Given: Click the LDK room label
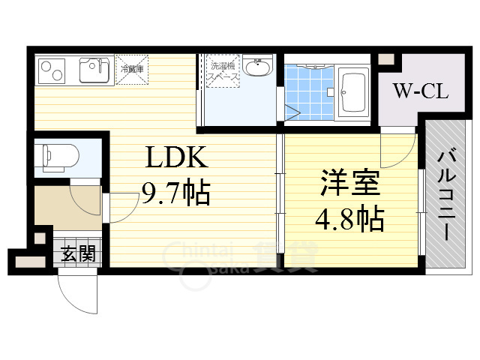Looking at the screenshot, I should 175,160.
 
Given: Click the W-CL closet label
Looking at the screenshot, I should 421,92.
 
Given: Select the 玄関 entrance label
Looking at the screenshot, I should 79,253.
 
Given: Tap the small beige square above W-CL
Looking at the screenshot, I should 385,58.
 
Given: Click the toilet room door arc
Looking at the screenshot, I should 85,196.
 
